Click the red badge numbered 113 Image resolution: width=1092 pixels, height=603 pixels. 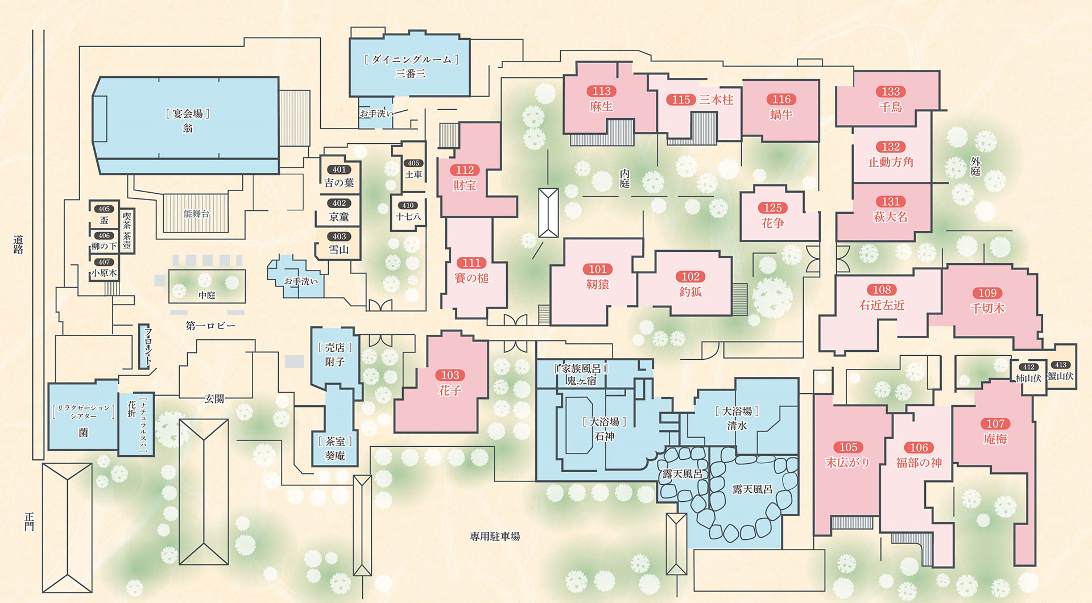[601, 91]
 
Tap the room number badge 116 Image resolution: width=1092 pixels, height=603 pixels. [781, 99]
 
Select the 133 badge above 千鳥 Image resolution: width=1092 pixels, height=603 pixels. [891, 92]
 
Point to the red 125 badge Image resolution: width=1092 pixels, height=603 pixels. [772, 208]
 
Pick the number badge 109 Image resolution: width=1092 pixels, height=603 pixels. [987, 293]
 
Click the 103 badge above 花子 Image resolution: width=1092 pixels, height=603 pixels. [450, 375]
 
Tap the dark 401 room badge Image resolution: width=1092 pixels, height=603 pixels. [339, 169]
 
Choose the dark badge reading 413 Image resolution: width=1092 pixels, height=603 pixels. [1061, 365]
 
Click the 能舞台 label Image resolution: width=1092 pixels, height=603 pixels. [196, 214]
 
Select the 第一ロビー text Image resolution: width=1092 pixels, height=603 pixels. [210, 326]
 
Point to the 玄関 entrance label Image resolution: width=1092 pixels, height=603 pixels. [214, 399]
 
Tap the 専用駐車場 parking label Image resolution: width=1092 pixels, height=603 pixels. [495, 537]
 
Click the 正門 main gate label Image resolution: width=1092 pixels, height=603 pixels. [30, 522]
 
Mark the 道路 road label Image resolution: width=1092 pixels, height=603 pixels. [18, 245]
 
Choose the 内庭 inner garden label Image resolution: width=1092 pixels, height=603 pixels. [624, 178]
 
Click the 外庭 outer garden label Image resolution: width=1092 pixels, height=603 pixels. [975, 167]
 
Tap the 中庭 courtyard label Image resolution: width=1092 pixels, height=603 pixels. [207, 296]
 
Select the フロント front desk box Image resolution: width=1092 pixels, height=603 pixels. [145, 347]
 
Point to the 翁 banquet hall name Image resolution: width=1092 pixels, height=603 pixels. [188, 128]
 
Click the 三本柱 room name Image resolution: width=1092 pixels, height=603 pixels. [716, 100]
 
